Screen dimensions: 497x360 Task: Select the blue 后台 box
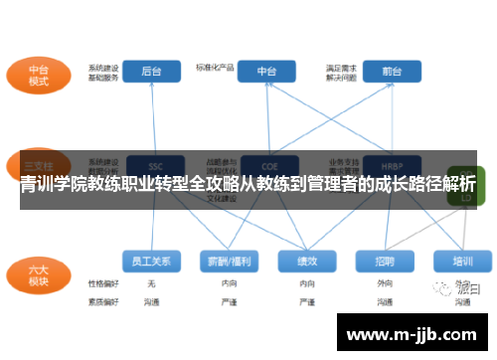[x=152, y=72]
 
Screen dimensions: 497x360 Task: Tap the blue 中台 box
[x=266, y=72]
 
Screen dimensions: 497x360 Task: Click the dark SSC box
[x=154, y=165]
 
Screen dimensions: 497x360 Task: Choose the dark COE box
[x=267, y=165]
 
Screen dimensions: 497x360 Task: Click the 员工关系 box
[x=152, y=262]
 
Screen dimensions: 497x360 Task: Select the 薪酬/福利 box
[x=229, y=262]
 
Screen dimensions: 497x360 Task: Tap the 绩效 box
[x=307, y=262]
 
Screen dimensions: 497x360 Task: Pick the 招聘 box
[x=385, y=262]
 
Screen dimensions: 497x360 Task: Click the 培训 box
[x=462, y=262]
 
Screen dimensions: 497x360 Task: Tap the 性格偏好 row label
[x=103, y=283]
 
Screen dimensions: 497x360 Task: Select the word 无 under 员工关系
[x=151, y=283]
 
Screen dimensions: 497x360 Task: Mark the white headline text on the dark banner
[x=248, y=185]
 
